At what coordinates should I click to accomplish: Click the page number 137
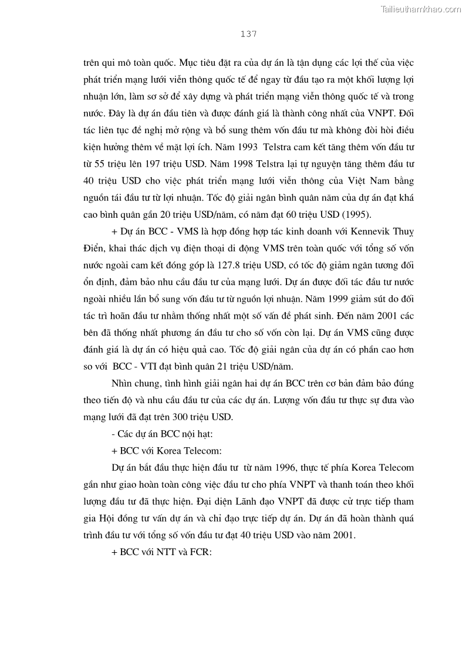248,34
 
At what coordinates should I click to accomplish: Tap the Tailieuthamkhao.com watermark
421,9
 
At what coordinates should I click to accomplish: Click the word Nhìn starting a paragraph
120,384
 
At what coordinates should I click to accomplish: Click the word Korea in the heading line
166,451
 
